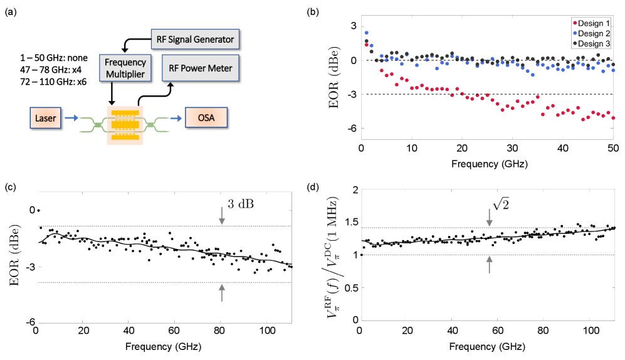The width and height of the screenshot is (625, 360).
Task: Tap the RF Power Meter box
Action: [x=199, y=68]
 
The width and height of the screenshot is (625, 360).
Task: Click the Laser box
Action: [x=45, y=117]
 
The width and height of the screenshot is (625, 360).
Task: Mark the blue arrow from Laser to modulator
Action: [x=71, y=117]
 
